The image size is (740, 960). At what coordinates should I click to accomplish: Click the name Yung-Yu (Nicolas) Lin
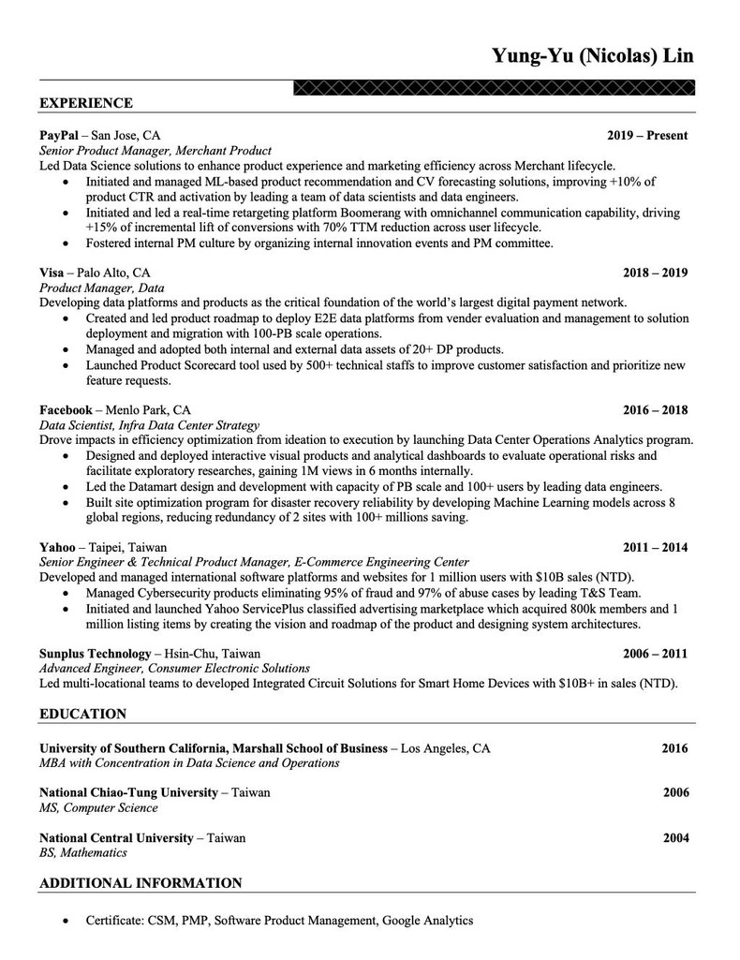(593, 55)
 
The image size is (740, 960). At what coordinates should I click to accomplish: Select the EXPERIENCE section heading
(86, 103)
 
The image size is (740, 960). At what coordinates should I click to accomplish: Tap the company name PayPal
(59, 135)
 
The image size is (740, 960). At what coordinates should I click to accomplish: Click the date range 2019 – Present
(647, 136)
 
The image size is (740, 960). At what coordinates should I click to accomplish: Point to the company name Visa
(52, 273)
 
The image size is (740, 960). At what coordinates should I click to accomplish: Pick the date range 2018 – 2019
(656, 273)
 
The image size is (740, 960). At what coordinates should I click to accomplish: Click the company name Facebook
(66, 409)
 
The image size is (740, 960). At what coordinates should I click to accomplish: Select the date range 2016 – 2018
(656, 410)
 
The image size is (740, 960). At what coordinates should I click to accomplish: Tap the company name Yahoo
(57, 546)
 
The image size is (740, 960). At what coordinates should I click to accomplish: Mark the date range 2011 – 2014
(656, 547)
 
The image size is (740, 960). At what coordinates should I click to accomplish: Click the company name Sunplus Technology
(95, 653)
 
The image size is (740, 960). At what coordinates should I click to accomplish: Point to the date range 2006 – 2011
(656, 654)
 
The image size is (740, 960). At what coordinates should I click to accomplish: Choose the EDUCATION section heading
(82, 714)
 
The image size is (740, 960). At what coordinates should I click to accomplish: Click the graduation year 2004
(675, 838)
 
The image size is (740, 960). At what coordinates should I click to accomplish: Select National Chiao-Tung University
(128, 792)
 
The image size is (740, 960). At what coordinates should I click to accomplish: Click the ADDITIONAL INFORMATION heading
(141, 882)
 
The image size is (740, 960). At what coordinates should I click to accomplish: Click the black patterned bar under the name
(495, 89)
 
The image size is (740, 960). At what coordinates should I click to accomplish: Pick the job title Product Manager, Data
(102, 288)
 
